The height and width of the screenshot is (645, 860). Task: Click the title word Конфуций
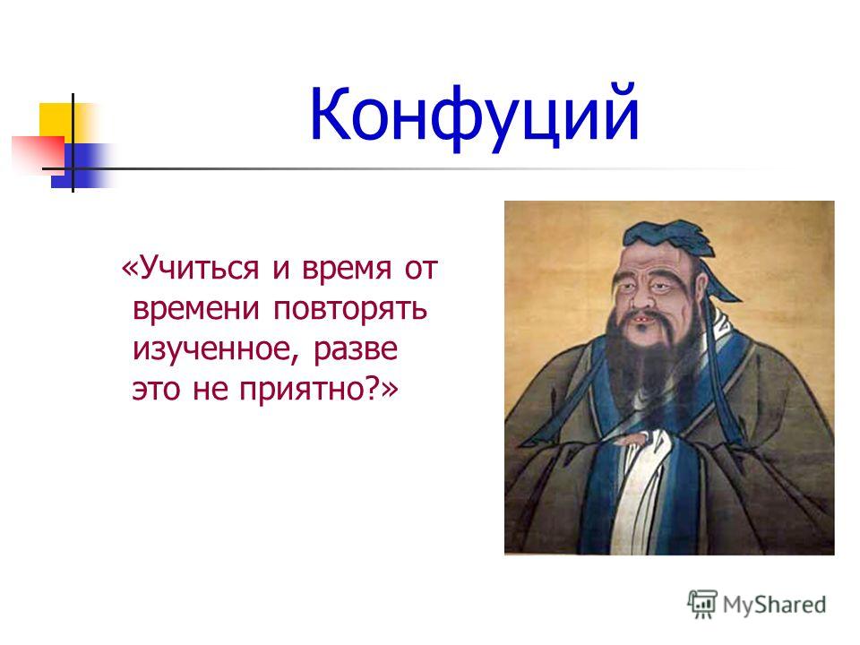[475, 117]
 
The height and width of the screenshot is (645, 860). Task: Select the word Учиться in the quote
[200, 269]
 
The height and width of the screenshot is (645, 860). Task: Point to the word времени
[196, 309]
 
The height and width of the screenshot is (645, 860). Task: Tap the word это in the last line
[156, 390]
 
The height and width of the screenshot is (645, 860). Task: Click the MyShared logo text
[774, 605]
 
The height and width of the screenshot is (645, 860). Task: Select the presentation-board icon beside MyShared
[702, 604]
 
